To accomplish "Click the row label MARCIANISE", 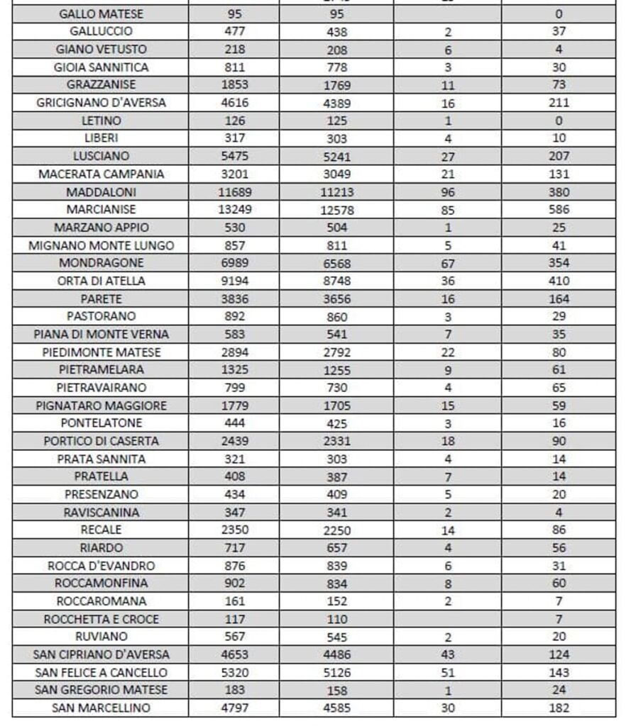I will (100, 210).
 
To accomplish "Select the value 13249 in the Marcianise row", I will (234, 210).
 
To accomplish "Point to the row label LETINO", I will (100, 121).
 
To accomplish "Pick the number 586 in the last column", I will (559, 210).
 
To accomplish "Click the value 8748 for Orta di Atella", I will (337, 281).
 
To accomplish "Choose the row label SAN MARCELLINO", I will (100, 708).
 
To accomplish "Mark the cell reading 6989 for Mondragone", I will (234, 263).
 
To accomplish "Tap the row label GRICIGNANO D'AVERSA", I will (100, 103).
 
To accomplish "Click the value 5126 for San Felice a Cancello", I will (337, 673).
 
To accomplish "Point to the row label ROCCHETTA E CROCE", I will (100, 619).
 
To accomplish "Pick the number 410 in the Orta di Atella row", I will (559, 281).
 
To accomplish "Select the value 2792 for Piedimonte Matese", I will (337, 352).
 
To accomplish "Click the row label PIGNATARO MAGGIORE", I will (100, 406).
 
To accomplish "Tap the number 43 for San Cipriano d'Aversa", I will (447, 655).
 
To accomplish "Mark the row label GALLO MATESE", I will (100, 14).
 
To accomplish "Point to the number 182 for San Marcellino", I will (559, 708).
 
